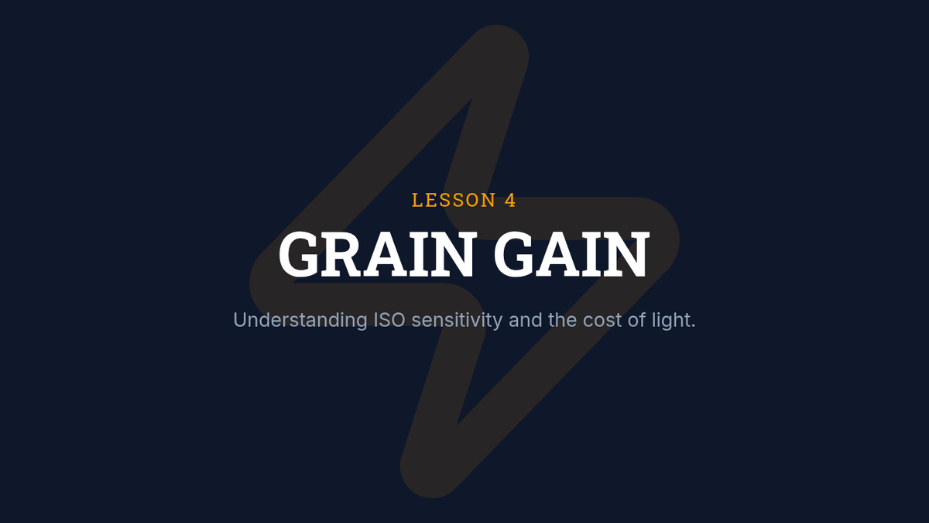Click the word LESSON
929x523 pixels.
[x=454, y=200]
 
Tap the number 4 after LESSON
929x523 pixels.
[x=510, y=200]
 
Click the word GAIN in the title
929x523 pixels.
[x=571, y=254]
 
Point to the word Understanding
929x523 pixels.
[x=300, y=321]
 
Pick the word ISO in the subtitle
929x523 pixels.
[x=389, y=320]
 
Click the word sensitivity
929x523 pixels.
[x=457, y=321]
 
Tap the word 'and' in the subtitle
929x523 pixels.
[x=526, y=320]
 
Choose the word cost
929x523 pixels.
[x=602, y=321]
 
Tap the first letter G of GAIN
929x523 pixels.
[x=513, y=254]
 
